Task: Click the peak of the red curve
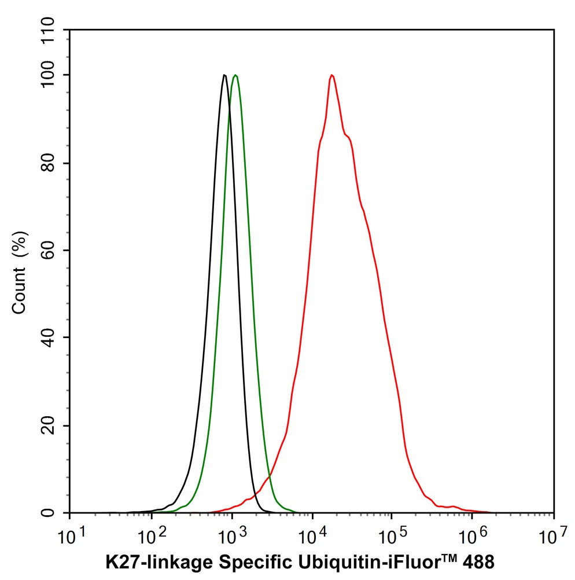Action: [331, 75]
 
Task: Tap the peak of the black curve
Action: [224, 75]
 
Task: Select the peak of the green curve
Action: [235, 75]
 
